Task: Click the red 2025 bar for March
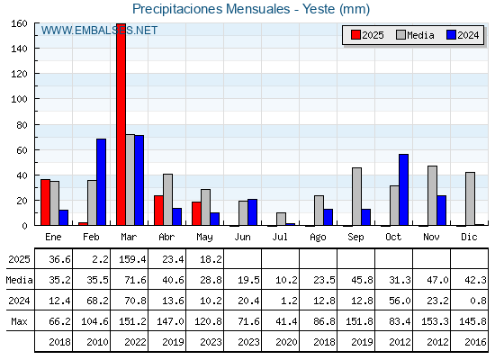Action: click(121, 124)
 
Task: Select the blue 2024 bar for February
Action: click(101, 182)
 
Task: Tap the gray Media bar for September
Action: click(356, 196)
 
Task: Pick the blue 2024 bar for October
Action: click(404, 190)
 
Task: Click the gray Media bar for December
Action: click(470, 199)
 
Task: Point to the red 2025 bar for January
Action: click(45, 202)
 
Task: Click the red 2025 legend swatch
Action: click(355, 35)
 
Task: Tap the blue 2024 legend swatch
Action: click(451, 35)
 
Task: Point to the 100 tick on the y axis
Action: click(36, 99)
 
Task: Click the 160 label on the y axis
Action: click(19, 23)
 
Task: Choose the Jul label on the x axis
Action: click(280, 237)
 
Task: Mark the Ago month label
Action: click(318, 238)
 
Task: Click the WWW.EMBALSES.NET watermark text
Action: click(99, 31)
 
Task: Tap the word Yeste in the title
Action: click(319, 9)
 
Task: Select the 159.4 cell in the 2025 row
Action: click(132, 259)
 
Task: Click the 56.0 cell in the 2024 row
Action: click(400, 301)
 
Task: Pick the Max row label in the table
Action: click(19, 321)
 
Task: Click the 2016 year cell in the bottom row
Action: click(475, 342)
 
